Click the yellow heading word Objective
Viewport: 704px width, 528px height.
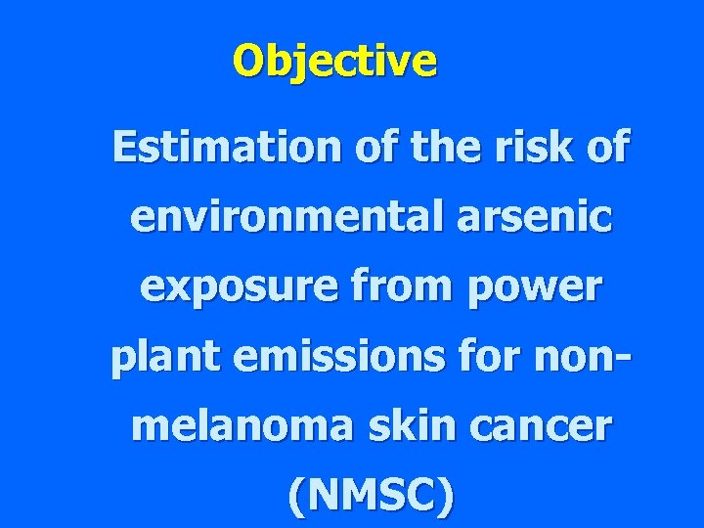[335, 62]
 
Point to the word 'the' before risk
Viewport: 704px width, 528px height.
[388, 148]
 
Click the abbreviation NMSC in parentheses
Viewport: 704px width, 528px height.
[371, 496]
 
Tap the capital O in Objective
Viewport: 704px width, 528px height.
[247, 62]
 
